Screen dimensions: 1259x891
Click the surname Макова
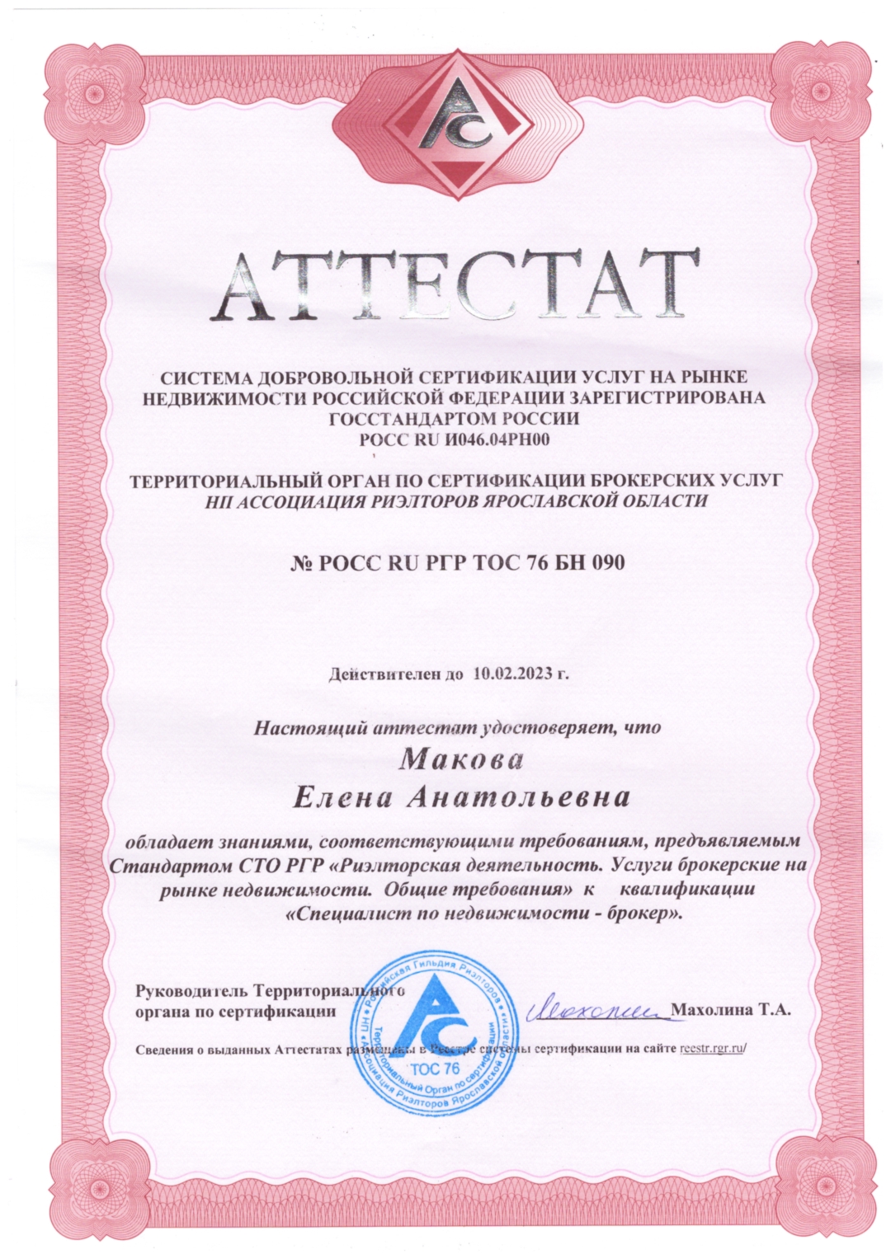point(461,759)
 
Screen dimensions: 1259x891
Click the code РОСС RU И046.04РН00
point(455,439)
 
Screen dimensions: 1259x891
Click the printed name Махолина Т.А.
point(732,1009)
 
